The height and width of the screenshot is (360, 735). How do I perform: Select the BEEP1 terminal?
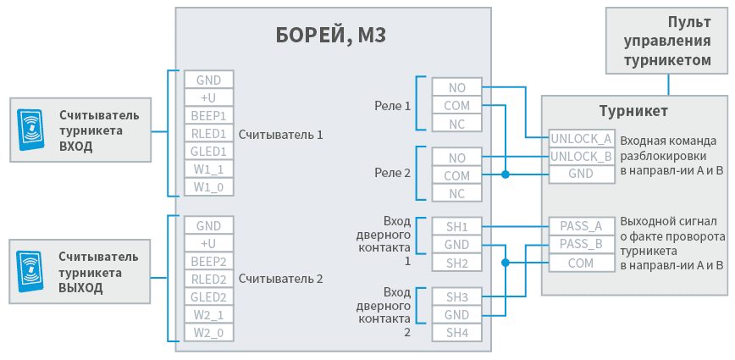pos(209,116)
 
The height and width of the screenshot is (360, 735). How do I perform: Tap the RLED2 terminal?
pos(209,280)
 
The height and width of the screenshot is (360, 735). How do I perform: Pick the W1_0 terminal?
pos(209,187)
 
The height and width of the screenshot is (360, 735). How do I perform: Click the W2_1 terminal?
pos(209,315)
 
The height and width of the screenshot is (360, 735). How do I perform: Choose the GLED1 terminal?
pos(209,152)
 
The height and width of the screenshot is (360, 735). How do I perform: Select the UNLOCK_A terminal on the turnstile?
pos(581,139)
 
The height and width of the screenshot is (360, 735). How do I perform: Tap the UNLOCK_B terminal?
pos(581,157)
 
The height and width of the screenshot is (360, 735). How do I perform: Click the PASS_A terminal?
pos(581,226)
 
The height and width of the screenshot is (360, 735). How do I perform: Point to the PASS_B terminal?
pos(581,245)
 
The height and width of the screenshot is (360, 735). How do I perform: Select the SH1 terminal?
pos(457,226)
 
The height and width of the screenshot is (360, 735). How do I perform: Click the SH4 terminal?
pos(457,332)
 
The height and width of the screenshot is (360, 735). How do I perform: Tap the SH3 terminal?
pos(457,296)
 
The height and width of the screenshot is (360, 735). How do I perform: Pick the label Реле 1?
pos(392,106)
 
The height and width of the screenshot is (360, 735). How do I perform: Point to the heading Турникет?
pos(634,111)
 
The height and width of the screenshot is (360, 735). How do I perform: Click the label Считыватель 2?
pos(281,279)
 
